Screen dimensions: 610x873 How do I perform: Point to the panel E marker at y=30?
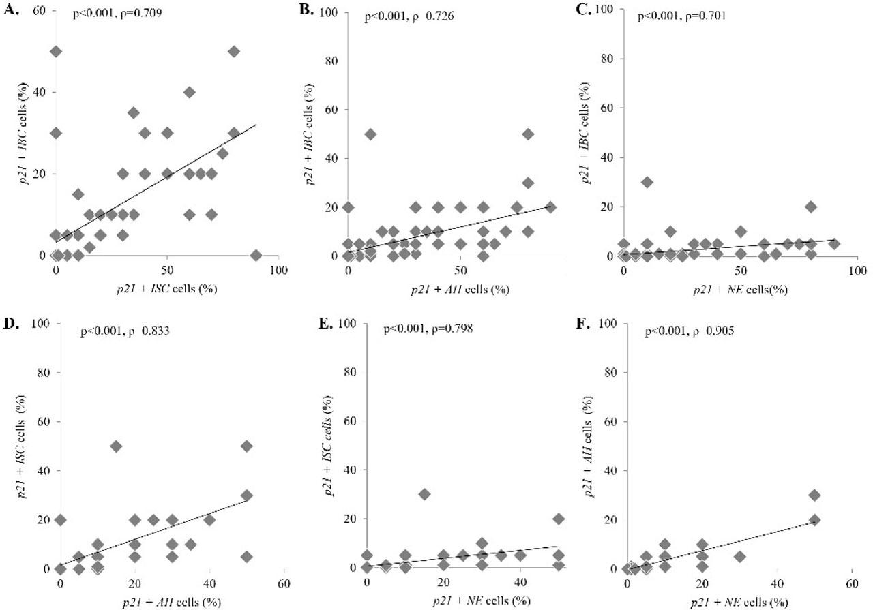424,494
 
